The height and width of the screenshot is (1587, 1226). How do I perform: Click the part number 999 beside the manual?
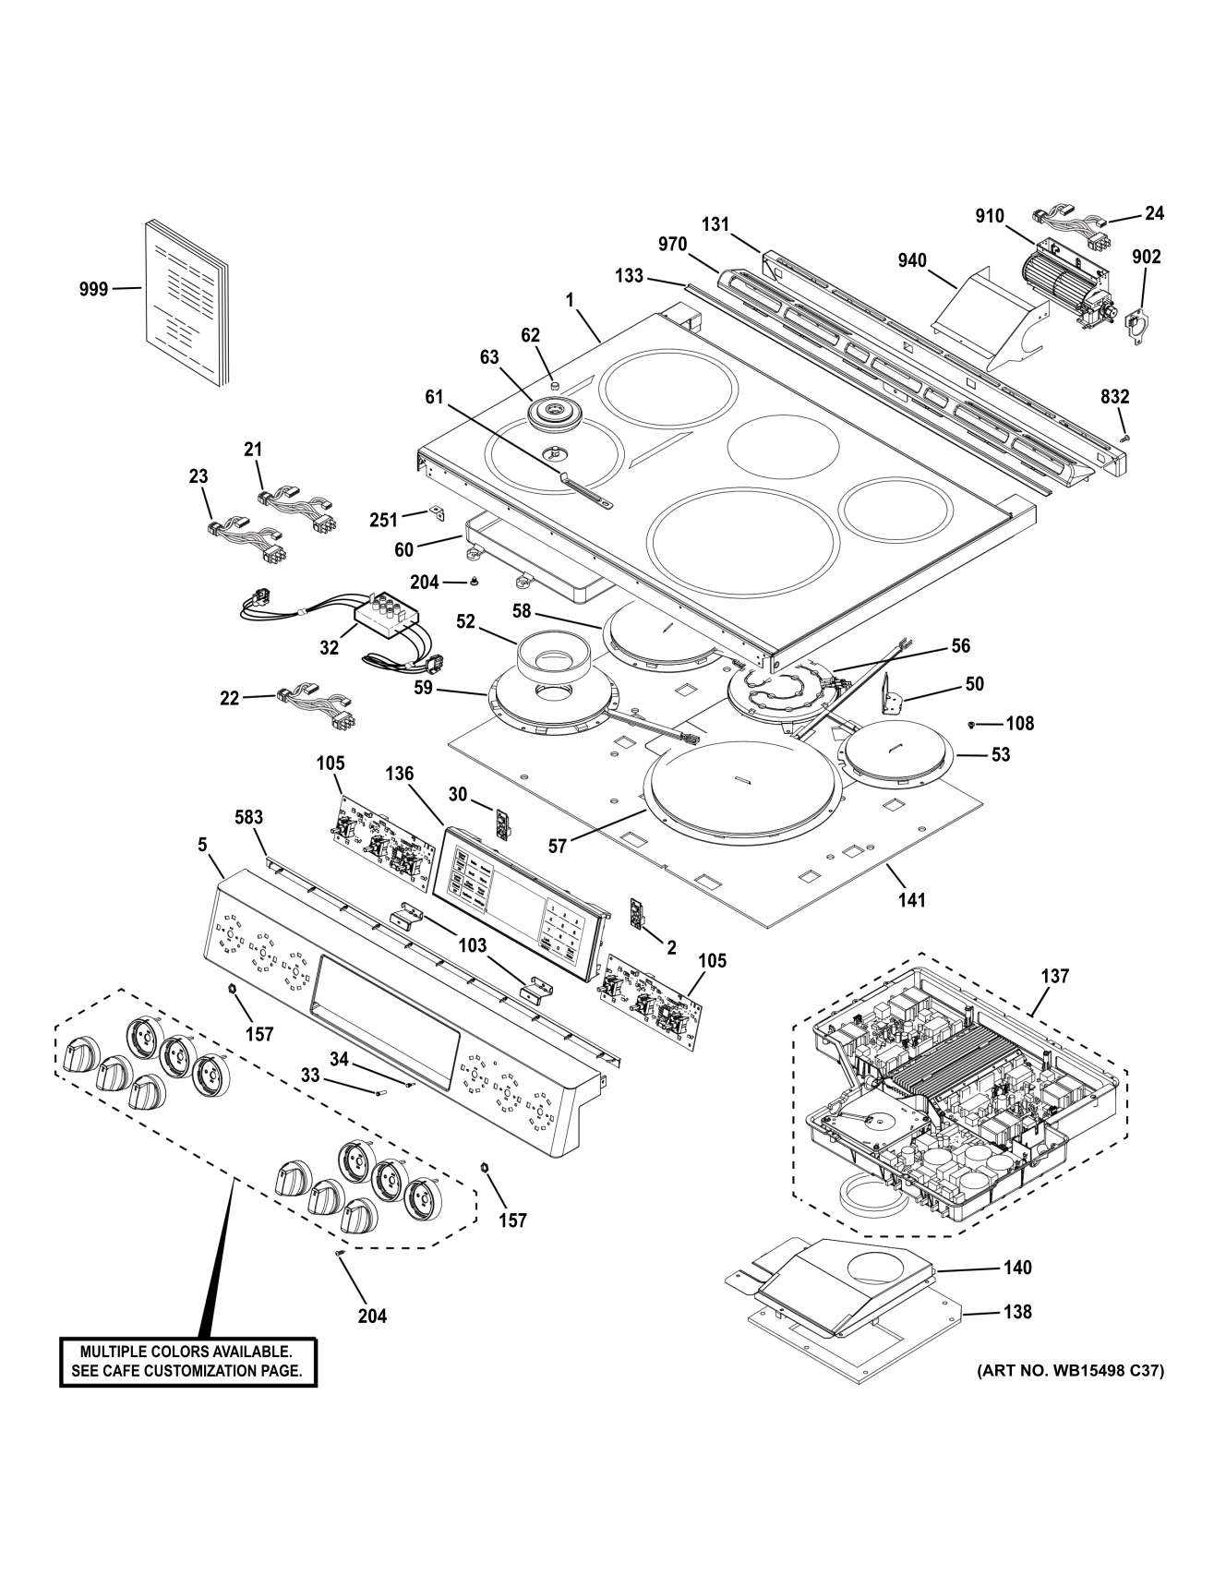pos(93,289)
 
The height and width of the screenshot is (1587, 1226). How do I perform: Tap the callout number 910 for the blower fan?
pos(989,216)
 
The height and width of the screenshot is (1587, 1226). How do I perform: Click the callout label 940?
pos(911,261)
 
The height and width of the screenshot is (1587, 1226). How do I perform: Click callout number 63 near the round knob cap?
pos(489,357)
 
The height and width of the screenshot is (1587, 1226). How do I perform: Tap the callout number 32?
pos(330,648)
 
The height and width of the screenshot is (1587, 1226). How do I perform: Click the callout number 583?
pos(247,817)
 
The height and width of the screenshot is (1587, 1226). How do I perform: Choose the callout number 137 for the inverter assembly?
pos(1055,976)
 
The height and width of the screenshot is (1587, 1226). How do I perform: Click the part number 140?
pos(1017,1268)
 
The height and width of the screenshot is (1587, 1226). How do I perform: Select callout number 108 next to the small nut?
pos(1020,723)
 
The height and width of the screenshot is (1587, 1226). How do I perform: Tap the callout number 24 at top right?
pos(1154,213)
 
